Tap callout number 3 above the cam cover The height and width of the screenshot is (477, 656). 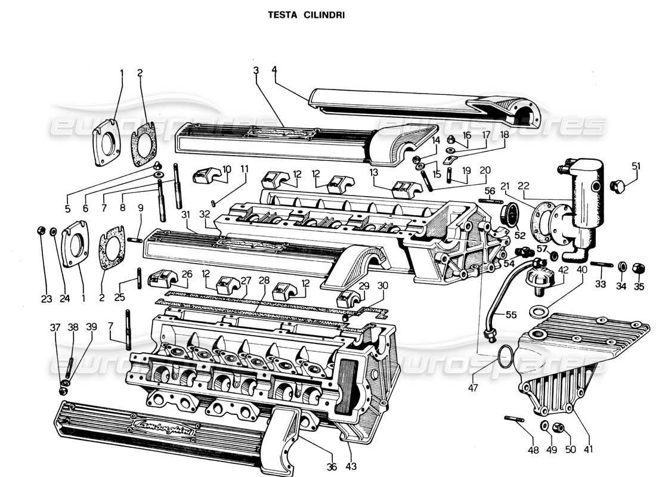(255, 70)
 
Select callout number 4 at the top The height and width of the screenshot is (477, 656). (274, 70)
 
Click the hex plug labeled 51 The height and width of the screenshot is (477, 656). (618, 187)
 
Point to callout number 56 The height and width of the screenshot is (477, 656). (490, 191)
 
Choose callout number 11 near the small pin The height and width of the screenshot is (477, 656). (244, 169)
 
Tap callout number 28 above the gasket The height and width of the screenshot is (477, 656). (264, 280)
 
